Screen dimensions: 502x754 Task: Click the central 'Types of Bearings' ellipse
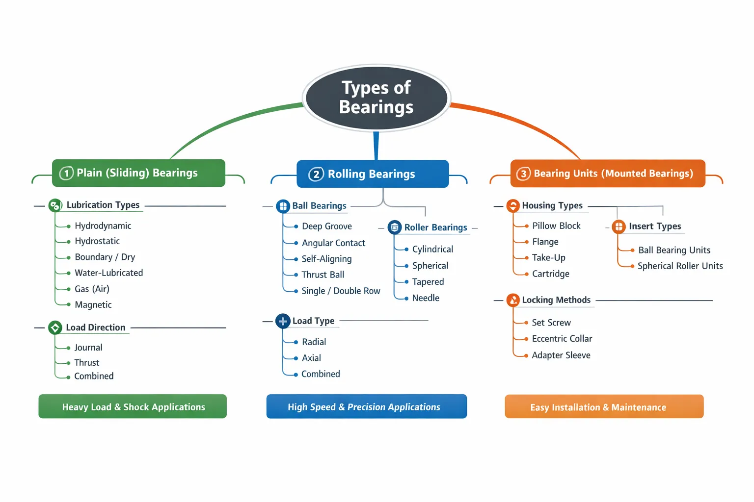pyautogui.click(x=377, y=98)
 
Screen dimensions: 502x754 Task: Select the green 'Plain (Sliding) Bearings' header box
pyautogui.click(x=138, y=173)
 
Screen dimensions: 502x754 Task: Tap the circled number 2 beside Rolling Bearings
pyautogui.click(x=316, y=175)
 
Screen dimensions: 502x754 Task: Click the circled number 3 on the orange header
pyautogui.click(x=523, y=174)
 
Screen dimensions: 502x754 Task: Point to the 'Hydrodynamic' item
pyautogui.click(x=103, y=226)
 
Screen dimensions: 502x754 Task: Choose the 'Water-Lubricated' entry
pyautogui.click(x=108, y=273)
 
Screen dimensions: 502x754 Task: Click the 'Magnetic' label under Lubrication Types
pyautogui.click(x=93, y=305)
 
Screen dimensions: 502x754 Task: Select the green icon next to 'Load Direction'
pyautogui.click(x=55, y=327)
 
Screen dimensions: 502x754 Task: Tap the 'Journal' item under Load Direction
pyautogui.click(x=88, y=348)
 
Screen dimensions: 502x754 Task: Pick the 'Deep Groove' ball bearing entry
pyautogui.click(x=326, y=226)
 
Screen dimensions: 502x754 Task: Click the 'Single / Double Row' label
pyautogui.click(x=341, y=291)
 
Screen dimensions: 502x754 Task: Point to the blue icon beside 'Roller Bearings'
pyautogui.click(x=395, y=227)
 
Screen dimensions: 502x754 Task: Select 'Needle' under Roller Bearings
pyautogui.click(x=426, y=298)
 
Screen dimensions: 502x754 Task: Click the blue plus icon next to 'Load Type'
pyautogui.click(x=283, y=321)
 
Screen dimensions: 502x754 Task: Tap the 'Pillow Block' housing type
pyautogui.click(x=556, y=226)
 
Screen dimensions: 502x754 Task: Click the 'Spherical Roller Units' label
pyautogui.click(x=680, y=266)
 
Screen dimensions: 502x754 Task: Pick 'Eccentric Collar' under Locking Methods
pyautogui.click(x=562, y=339)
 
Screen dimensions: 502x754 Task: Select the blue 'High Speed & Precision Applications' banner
pyautogui.click(x=366, y=407)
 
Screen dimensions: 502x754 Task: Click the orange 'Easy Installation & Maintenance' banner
pyautogui.click(x=604, y=407)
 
